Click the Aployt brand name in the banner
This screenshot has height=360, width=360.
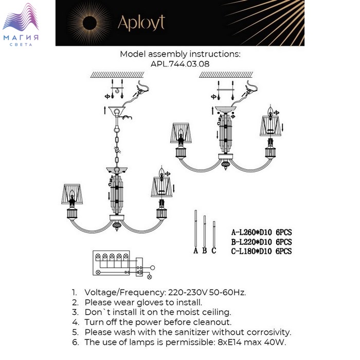tap(141, 23)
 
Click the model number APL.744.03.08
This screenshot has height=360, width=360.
tap(180, 64)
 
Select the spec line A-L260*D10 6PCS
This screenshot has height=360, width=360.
tap(261, 232)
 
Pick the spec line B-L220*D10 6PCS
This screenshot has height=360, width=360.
tap(261, 242)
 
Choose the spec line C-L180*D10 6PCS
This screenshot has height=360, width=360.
tap(261, 251)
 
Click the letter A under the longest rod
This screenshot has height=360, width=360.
tap(195, 250)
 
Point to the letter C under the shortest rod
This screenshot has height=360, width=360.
tap(214, 250)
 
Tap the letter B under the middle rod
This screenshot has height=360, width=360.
tap(205, 250)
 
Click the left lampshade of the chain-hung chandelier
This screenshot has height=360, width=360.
tap(72, 194)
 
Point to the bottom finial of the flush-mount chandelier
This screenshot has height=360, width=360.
tap(226, 165)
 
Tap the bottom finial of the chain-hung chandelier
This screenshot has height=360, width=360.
tap(117, 226)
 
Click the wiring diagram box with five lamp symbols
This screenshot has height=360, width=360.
tap(111, 263)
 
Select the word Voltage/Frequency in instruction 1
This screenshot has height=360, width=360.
tap(125, 293)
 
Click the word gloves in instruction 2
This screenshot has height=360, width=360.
tap(151, 302)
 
